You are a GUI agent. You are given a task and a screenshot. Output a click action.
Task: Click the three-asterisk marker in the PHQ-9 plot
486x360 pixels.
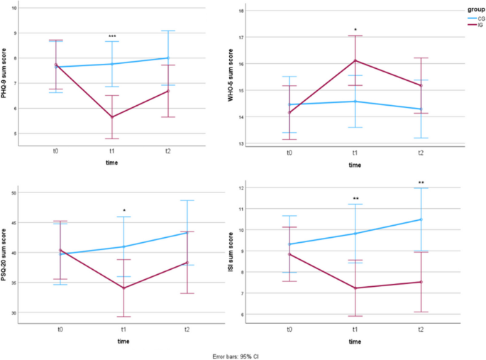[112, 36]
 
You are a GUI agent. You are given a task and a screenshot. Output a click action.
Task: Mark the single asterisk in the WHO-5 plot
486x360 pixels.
[355, 30]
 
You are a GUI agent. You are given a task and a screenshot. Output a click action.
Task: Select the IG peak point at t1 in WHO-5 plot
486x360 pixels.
[355, 60]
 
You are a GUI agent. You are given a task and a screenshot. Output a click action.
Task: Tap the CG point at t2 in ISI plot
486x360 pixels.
[421, 219]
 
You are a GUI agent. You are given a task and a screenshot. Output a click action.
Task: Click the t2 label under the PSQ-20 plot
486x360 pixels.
[187, 329]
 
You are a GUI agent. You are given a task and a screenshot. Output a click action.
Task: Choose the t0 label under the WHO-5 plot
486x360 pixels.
[289, 153]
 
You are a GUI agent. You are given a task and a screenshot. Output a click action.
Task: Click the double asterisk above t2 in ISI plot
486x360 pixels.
[421, 183]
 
